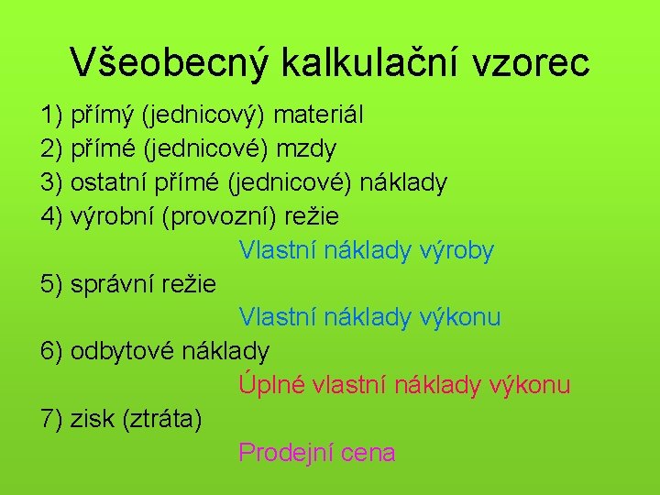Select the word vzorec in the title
pos(531,62)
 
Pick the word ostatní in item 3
pos(110,182)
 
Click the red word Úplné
pos(271,384)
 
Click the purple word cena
pos(366,452)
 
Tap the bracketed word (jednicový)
pos(203,115)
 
